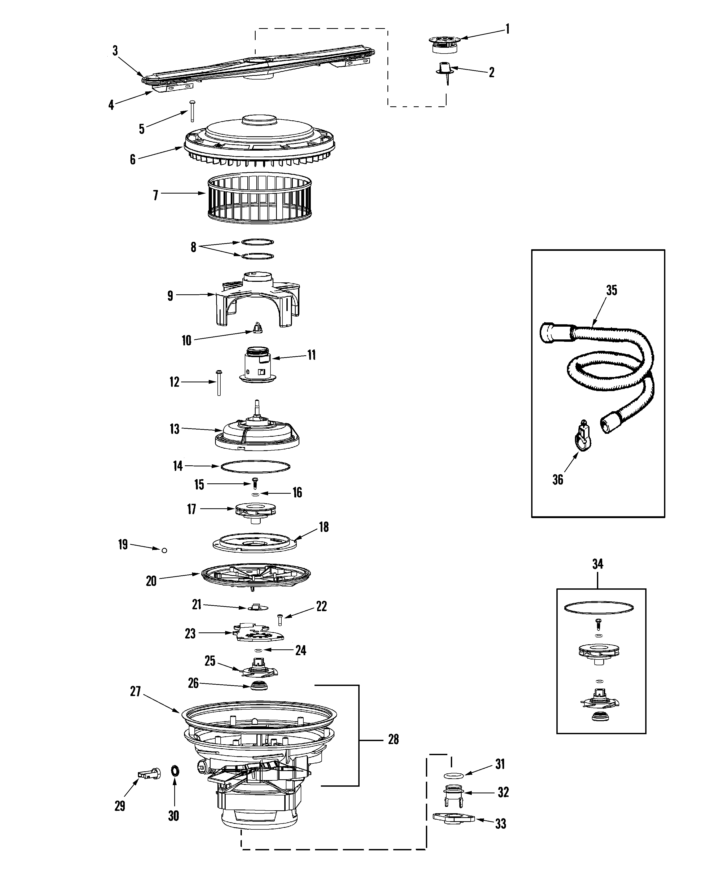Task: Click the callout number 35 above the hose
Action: (611, 290)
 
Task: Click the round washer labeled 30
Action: (174, 770)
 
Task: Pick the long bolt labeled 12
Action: (219, 382)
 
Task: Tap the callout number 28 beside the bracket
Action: (393, 739)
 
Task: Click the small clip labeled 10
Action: (257, 328)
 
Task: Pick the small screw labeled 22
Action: (280, 619)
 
